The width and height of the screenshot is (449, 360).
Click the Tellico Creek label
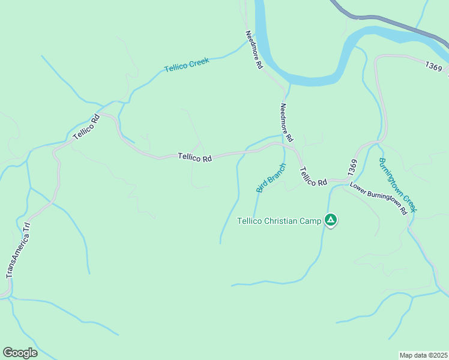186,65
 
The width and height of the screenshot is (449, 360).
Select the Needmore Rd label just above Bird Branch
286,122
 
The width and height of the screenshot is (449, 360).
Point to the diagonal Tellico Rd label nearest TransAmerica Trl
86,127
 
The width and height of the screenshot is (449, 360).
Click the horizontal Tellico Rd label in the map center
195,158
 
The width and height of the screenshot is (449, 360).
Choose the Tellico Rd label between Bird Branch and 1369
313,176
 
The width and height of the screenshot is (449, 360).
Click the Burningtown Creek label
397,185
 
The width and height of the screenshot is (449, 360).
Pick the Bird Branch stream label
271,178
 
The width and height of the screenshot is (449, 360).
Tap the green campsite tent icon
330,220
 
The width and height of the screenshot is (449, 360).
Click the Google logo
20,353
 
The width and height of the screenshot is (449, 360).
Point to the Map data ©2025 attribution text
423,355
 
